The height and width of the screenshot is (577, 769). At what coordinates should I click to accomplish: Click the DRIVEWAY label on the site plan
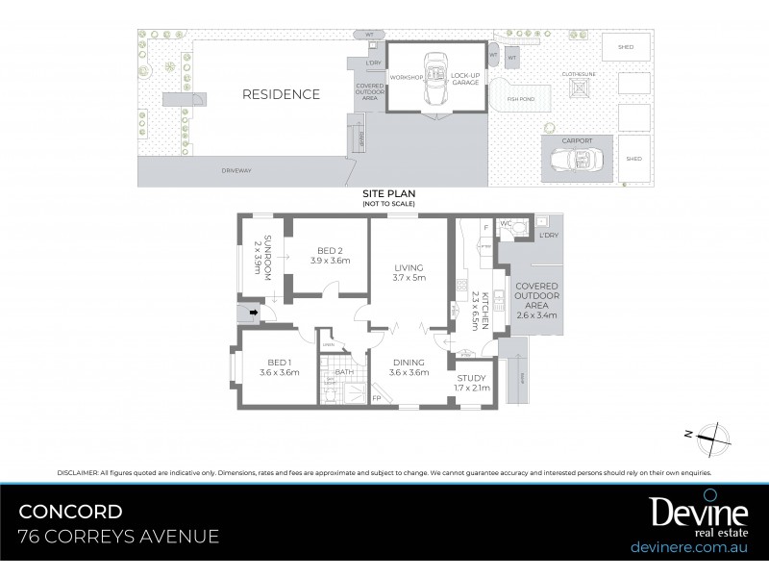coord(236,171)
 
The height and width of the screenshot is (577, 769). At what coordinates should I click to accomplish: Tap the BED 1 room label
coord(278,363)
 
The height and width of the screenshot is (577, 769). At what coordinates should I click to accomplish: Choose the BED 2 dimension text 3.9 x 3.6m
coord(330,260)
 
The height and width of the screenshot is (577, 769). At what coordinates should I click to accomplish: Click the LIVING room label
coord(409,266)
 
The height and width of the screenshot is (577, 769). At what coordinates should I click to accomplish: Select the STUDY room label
coord(472,378)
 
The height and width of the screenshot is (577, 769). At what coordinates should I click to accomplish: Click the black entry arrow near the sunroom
coord(253,312)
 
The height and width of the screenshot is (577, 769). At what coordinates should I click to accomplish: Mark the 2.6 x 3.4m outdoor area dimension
coord(536,314)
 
